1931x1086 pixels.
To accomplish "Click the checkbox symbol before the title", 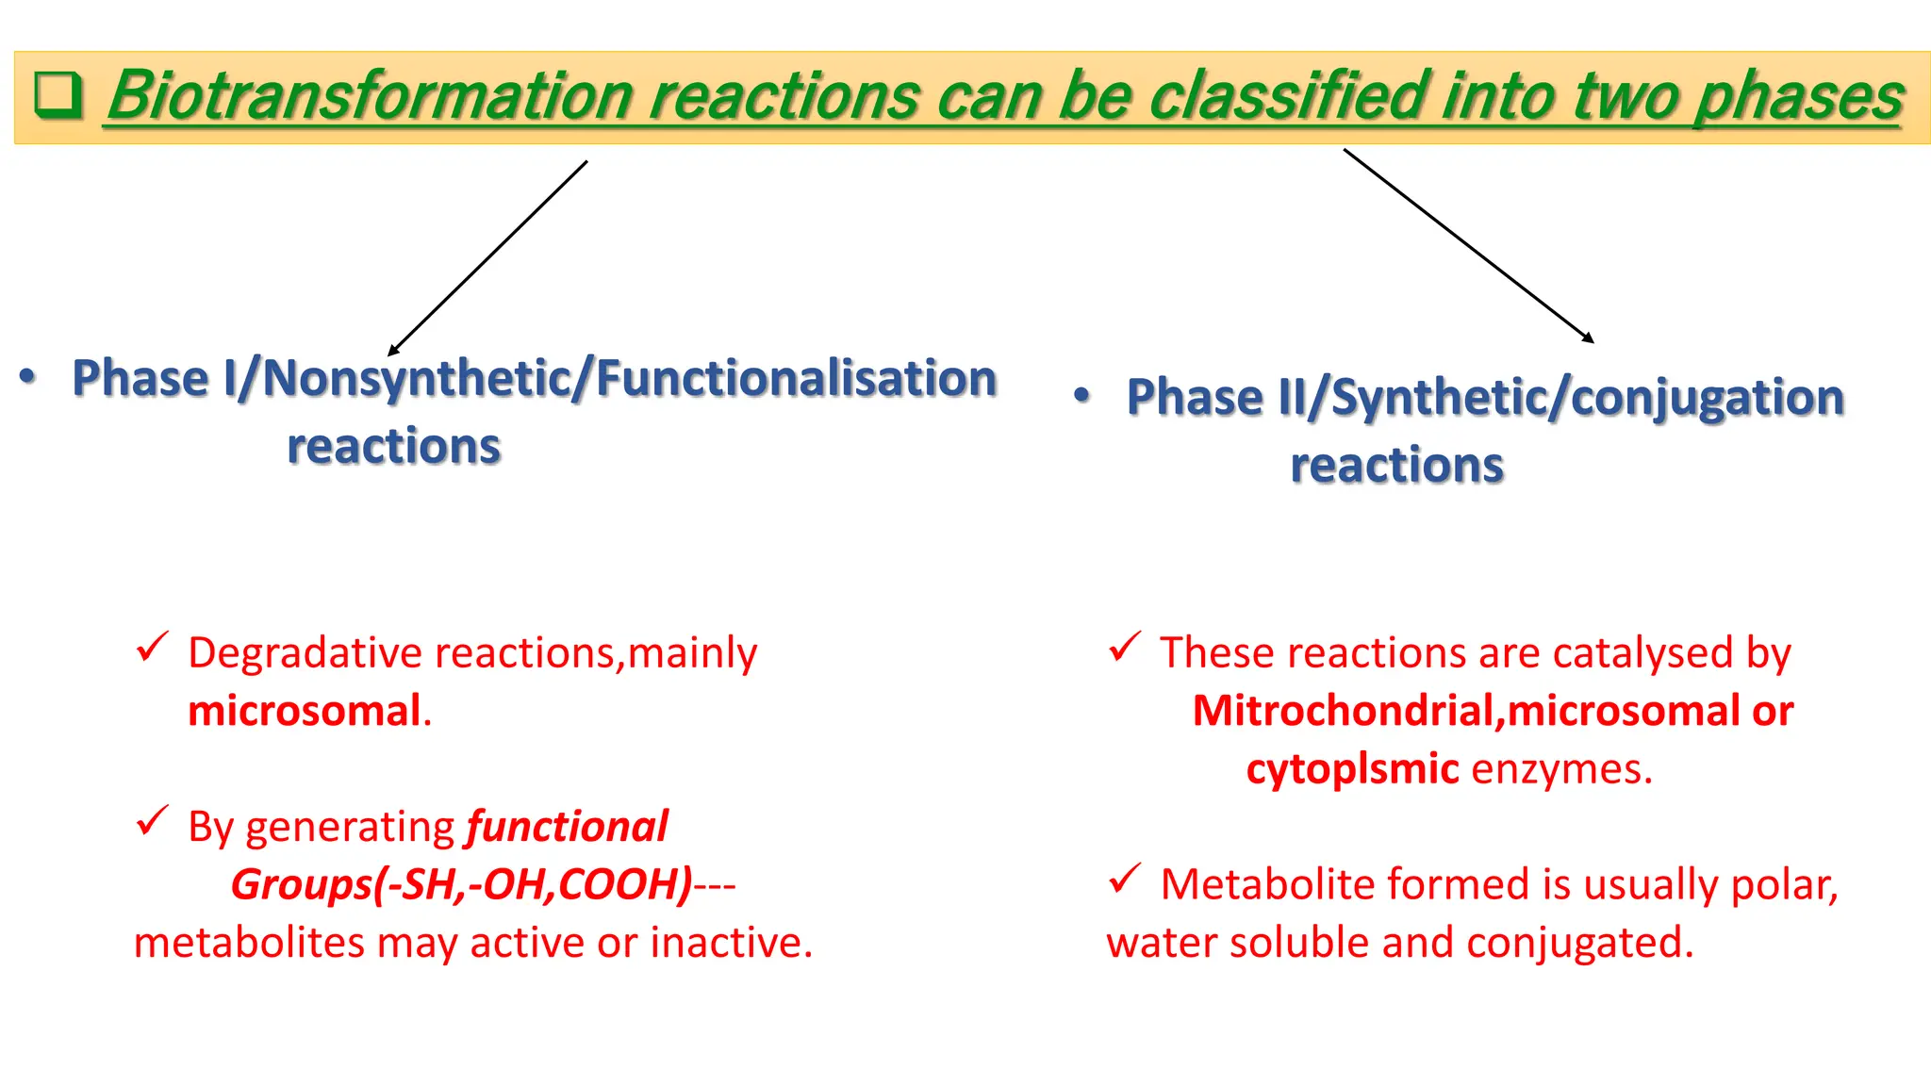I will [58, 96].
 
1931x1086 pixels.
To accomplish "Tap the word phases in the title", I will [1798, 96].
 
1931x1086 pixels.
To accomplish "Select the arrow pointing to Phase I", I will [487, 258].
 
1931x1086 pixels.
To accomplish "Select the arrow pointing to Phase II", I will [1468, 245].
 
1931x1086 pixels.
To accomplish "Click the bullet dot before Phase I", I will [28, 377].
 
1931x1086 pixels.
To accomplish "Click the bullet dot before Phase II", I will [1082, 396].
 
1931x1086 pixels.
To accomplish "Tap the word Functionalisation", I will [797, 378].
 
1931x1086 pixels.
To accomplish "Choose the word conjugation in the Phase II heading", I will [1708, 397].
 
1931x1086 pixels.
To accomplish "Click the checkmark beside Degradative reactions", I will [152, 648].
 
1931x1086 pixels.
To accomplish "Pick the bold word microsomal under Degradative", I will [304, 711].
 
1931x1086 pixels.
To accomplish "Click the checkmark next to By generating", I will [152, 821].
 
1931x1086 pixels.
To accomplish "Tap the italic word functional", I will [567, 827].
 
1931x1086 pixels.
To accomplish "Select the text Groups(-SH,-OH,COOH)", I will [462, 884].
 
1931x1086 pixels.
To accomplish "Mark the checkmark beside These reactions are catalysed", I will [1125, 648].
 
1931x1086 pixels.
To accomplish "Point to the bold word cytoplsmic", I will [1352, 769].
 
